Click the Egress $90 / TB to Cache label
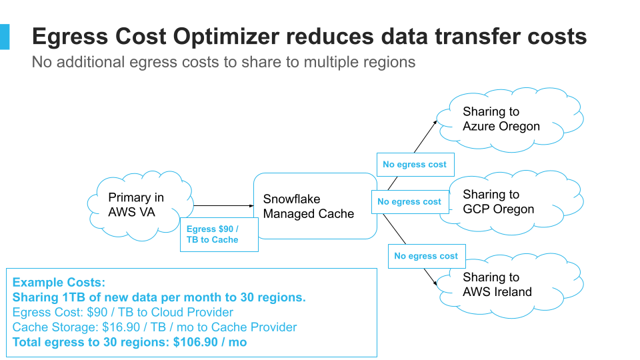point(219,234)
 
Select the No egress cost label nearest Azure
point(415,165)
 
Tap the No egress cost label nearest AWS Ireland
point(426,256)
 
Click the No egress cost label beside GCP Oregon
point(409,202)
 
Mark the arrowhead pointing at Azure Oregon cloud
point(436,122)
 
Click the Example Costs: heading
point(59,283)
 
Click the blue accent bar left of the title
point(5,36)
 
